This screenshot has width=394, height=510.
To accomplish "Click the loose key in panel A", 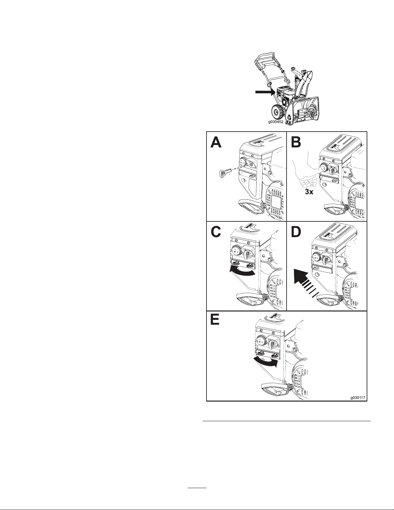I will point(223,174).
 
